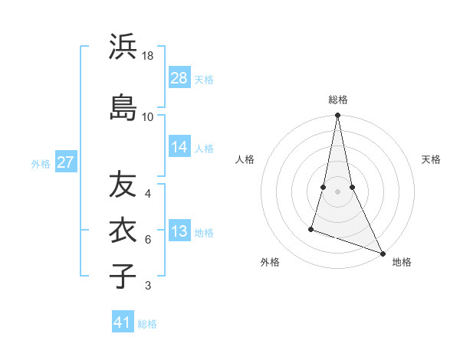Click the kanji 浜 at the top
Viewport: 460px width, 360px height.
point(123,47)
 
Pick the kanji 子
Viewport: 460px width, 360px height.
point(123,275)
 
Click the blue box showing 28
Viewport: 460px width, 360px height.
point(179,78)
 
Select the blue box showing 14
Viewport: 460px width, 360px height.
point(179,147)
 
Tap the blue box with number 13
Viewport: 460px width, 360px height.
point(179,232)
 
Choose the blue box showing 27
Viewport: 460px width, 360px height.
point(65,162)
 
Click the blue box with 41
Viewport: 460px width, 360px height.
point(123,322)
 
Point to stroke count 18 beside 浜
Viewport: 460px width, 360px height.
point(148,57)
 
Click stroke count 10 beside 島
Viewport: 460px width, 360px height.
point(148,116)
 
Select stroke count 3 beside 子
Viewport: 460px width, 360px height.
point(148,286)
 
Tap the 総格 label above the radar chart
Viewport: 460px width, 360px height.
point(338,100)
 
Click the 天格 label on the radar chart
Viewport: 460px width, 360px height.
point(432,159)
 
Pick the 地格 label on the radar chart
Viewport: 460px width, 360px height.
point(402,262)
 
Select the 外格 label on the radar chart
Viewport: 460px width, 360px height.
point(270,262)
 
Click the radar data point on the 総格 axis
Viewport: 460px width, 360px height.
point(337,116)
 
